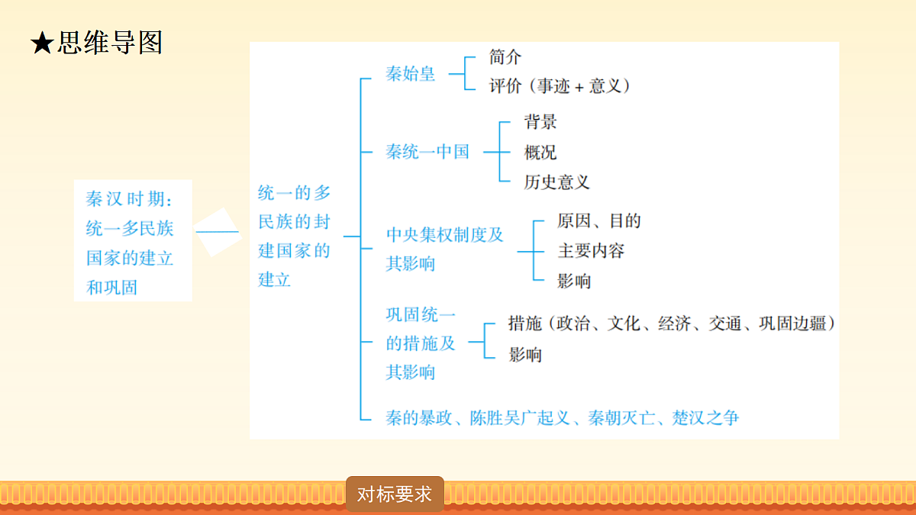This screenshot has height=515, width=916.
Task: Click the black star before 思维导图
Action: (x=42, y=43)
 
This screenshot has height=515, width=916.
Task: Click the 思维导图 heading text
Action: (x=110, y=43)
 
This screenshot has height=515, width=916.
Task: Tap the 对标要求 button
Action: (x=395, y=494)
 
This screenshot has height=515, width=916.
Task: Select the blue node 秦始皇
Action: (x=410, y=74)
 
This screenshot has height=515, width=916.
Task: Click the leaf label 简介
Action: (x=505, y=56)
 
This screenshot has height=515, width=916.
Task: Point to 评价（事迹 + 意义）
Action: (x=560, y=86)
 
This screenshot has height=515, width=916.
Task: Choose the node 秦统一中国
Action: (x=427, y=152)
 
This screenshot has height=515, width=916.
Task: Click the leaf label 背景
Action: (x=540, y=122)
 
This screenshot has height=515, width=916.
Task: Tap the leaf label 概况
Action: (x=540, y=153)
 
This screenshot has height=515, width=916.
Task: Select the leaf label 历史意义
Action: (x=557, y=182)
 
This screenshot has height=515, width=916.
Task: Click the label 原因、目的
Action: (x=599, y=220)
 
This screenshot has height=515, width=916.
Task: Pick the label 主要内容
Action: (x=591, y=250)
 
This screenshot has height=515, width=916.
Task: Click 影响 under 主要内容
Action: (x=574, y=282)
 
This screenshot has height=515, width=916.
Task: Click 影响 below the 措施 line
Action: (x=525, y=354)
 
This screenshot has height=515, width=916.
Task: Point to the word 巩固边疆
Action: (x=792, y=323)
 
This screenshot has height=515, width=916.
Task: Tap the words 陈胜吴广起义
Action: (x=520, y=418)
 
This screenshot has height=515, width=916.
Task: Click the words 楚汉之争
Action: (x=705, y=418)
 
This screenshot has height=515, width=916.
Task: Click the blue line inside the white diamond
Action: (x=217, y=232)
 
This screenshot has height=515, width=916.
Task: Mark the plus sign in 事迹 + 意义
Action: (x=579, y=88)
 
